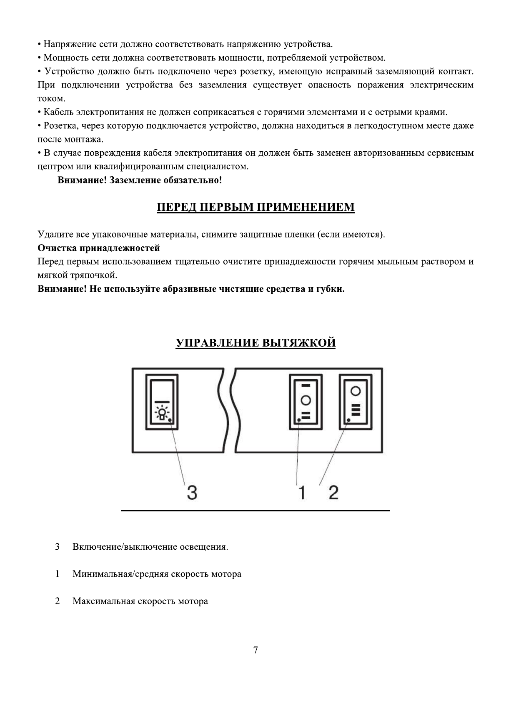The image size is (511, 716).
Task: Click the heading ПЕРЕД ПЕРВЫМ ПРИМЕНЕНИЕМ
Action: (x=255, y=207)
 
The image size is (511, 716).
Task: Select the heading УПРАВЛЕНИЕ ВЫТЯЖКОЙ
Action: (x=255, y=343)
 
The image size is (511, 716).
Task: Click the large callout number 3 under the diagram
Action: (x=191, y=493)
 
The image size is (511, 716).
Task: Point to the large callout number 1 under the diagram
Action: (x=302, y=493)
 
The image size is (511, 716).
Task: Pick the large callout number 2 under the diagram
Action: (x=333, y=493)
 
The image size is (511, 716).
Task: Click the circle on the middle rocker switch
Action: (x=306, y=400)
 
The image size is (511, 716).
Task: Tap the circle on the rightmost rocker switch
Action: (x=355, y=391)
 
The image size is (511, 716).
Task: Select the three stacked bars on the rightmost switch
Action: (x=355, y=409)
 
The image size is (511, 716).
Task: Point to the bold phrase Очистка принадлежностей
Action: (x=99, y=248)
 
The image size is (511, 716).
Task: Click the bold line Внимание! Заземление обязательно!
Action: (x=140, y=180)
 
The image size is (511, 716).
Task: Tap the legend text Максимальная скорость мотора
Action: (x=140, y=601)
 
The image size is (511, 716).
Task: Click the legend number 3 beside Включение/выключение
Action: (x=57, y=547)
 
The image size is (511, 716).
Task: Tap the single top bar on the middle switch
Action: (x=306, y=385)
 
